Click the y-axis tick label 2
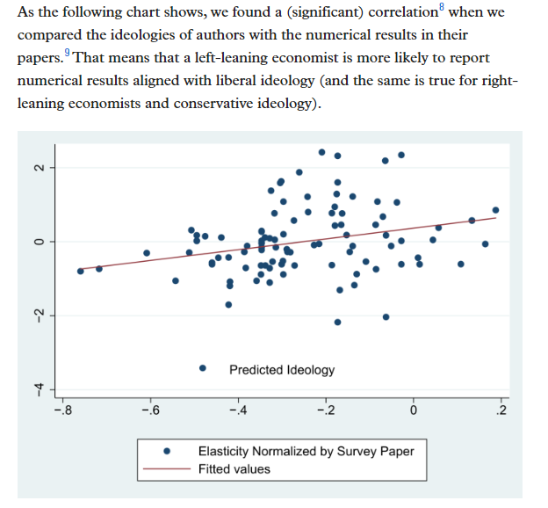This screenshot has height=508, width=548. tap(38, 167)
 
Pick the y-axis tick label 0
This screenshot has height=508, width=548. tap(38, 241)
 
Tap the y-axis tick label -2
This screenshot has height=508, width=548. tap(38, 316)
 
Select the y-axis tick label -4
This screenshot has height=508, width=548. tap(38, 389)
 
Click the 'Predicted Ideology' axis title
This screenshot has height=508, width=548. tap(282, 370)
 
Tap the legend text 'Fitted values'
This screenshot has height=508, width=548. tap(234, 469)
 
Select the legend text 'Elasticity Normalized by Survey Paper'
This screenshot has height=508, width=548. tap(306, 451)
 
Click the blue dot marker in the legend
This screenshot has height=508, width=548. tap(168, 451)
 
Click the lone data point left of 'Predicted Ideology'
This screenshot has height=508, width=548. tap(203, 369)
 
